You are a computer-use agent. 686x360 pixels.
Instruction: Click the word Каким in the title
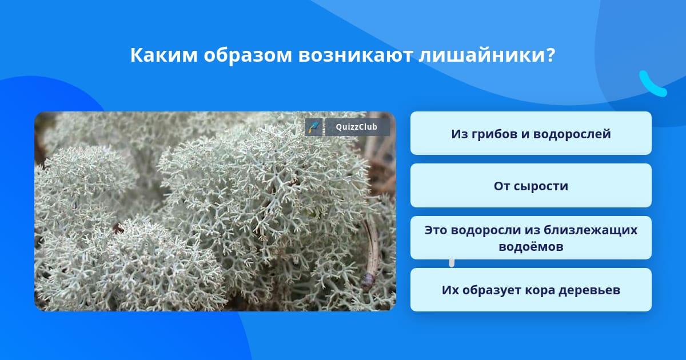point(164,55)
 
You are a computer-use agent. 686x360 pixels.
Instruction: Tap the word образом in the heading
point(248,55)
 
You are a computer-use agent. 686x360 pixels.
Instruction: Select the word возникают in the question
point(355,55)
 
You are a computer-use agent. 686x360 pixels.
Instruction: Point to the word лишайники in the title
point(482,55)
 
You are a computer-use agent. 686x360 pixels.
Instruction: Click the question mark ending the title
point(551,55)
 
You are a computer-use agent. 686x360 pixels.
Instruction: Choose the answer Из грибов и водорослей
point(531,133)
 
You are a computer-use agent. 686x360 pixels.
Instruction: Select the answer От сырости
point(531,186)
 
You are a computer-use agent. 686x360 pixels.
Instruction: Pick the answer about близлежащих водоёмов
point(531,238)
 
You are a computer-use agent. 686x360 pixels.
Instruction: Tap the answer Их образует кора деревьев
point(531,290)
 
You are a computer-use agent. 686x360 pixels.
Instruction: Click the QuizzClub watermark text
point(356,127)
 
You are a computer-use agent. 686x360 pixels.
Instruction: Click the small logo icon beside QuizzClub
point(314,127)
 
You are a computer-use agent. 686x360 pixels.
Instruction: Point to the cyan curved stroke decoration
point(652,85)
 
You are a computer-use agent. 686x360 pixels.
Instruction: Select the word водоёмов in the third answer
point(531,246)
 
